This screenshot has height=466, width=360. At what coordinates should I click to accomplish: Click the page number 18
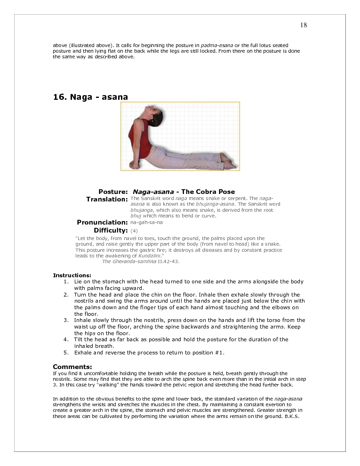(x=304, y=25)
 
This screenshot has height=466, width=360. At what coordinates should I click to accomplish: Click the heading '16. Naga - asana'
(x=90, y=97)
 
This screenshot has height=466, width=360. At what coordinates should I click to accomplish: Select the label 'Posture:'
(x=113, y=192)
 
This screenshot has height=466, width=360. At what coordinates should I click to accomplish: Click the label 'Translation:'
(x=107, y=199)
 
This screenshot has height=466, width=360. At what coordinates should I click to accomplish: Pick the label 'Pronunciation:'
(x=102, y=222)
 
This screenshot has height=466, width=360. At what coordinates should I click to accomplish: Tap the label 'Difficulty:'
(x=111, y=230)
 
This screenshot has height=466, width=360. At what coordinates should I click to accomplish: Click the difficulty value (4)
(x=134, y=231)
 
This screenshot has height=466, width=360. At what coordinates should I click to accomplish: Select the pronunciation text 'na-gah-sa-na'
(x=146, y=222)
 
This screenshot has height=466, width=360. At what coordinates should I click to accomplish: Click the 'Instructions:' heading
(x=72, y=275)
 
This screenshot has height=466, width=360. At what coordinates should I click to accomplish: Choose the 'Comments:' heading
(x=72, y=367)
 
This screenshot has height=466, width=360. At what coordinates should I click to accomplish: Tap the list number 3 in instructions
(x=66, y=320)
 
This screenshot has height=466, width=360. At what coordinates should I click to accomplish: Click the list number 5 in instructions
(x=66, y=353)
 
